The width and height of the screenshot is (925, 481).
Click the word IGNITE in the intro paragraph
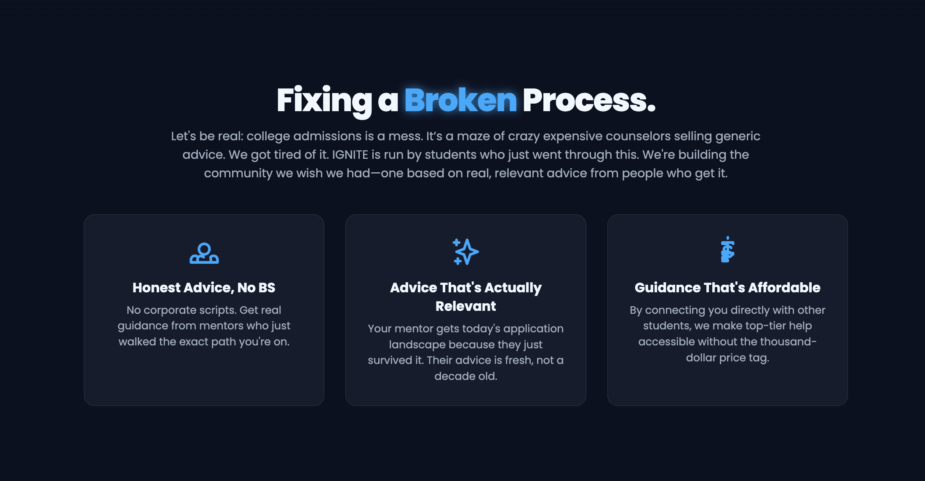pyautogui.click(x=350, y=155)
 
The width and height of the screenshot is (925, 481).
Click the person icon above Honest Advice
pyautogui.click(x=204, y=253)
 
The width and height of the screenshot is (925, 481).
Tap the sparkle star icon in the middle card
pyautogui.click(x=465, y=252)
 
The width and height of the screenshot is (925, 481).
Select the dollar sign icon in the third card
pyautogui.click(x=727, y=250)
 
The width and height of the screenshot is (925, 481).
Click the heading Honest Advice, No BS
pyautogui.click(x=204, y=287)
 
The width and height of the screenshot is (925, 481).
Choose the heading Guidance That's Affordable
pyautogui.click(x=727, y=287)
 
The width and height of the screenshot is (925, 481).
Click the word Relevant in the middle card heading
pyautogui.click(x=465, y=306)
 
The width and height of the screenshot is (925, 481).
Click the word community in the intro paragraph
pyautogui.click(x=238, y=173)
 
